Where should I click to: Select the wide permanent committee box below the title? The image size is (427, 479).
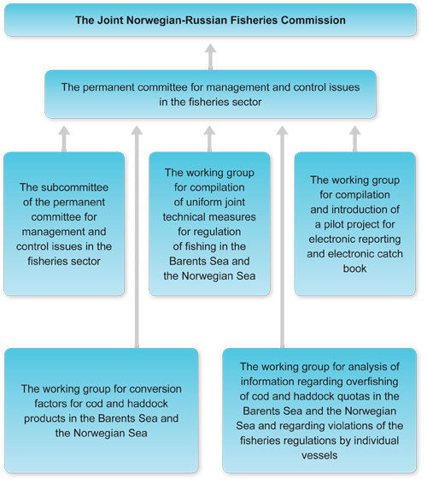[210, 94]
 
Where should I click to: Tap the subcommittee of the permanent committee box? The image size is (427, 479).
[63, 224]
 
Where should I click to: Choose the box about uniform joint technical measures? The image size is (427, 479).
[210, 224]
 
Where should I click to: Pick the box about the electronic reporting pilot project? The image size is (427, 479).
[355, 224]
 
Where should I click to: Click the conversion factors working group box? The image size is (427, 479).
[101, 410]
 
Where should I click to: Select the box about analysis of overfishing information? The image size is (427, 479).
[319, 410]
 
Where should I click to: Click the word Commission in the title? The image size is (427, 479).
[313, 18]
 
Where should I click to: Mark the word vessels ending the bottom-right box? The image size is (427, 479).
[319, 455]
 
